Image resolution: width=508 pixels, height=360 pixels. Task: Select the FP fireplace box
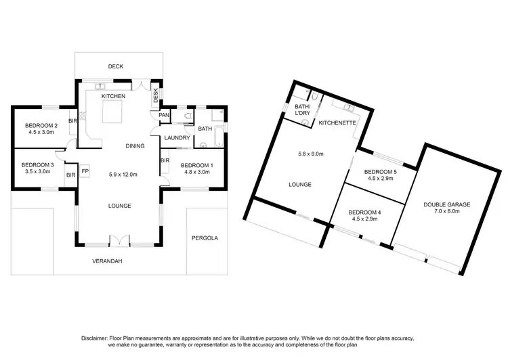[85, 172]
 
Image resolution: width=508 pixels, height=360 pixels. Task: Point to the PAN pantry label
[163, 116]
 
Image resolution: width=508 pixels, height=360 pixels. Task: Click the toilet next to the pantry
[188, 116]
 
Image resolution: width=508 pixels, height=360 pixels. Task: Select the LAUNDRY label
[177, 138]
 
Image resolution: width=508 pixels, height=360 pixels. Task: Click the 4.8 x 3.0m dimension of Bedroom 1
[196, 172]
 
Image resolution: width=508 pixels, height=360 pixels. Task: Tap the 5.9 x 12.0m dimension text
[123, 175]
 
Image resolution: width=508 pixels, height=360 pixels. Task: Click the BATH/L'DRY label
[302, 110]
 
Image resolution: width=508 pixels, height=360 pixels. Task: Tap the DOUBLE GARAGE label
[446, 204]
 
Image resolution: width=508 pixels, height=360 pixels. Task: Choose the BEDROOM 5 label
[379, 172]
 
